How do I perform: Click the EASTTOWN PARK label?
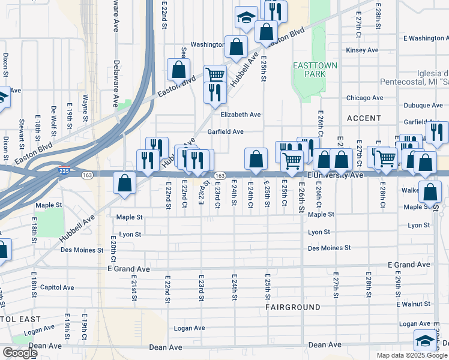tap(315, 69)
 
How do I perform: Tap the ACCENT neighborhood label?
tap(363, 118)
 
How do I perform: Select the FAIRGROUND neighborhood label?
tap(294, 307)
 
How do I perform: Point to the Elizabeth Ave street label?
tap(240, 114)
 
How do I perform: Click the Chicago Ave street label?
tap(364, 98)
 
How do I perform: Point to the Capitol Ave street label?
tap(56, 287)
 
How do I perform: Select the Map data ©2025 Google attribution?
tap(411, 355)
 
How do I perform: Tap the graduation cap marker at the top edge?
tap(246, 17)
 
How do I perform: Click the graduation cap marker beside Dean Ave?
tap(425, 340)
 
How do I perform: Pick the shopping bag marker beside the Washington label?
tap(237, 46)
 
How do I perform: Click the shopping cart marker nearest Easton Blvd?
tap(215, 74)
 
